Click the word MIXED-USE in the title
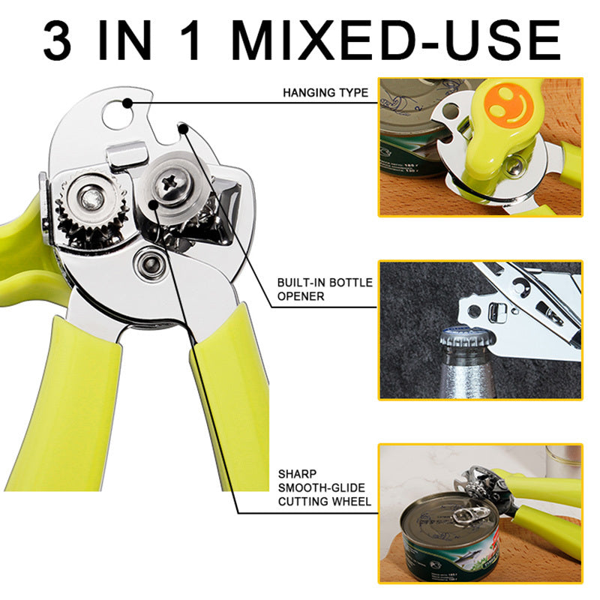point(396,41)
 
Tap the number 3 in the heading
point(57,41)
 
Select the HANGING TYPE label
point(325,92)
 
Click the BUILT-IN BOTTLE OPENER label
point(325,289)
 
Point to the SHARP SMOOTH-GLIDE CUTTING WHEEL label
point(324,487)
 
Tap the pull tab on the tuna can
point(470,515)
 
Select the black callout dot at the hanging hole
point(127,103)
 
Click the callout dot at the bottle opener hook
point(183,130)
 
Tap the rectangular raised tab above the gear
point(127,155)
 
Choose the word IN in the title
point(125,41)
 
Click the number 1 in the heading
point(190,41)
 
